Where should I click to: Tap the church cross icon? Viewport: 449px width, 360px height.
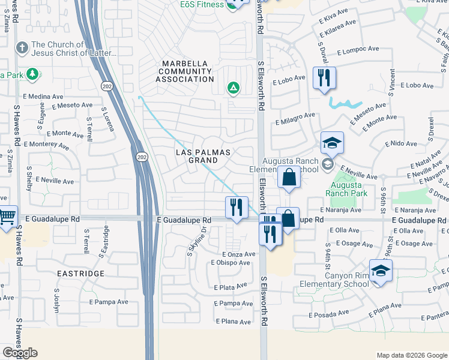pyautogui.click(x=22, y=47)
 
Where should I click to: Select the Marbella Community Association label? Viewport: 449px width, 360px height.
pyautogui.click(x=185, y=71)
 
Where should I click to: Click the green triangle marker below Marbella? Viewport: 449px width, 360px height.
pyautogui.click(x=233, y=89)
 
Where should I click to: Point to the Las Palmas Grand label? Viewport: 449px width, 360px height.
pyautogui.click(x=203, y=157)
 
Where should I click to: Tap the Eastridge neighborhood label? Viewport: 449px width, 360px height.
pyautogui.click(x=80, y=274)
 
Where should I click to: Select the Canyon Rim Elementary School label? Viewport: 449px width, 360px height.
pyautogui.click(x=346, y=280)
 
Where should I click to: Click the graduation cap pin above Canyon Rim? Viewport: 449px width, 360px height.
pyautogui.click(x=380, y=271)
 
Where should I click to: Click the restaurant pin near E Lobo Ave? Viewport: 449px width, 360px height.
pyautogui.click(x=324, y=78)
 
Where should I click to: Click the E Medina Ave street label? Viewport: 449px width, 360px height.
pyautogui.click(x=43, y=96)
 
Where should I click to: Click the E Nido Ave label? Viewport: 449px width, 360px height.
pyautogui.click(x=403, y=144)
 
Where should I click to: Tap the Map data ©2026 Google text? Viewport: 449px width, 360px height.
pyautogui.click(x=412, y=355)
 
